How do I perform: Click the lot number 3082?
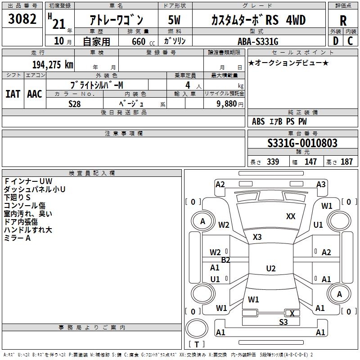[x=22, y=19]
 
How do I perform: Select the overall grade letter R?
[x=343, y=21]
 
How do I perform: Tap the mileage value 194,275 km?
[x=53, y=65]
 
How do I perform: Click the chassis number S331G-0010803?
[x=302, y=143]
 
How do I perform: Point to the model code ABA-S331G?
[x=258, y=41]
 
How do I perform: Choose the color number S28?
[x=75, y=104]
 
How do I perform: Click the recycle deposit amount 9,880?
[x=226, y=104]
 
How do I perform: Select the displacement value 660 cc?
[x=143, y=41]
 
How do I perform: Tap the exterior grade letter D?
[x=336, y=41]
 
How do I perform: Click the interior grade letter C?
[x=350, y=41]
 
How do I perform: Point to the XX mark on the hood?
[x=291, y=216]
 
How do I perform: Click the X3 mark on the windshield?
[x=257, y=237]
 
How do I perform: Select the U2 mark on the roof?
[x=271, y=268]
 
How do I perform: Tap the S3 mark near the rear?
[x=283, y=322]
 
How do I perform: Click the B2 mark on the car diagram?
[x=225, y=260]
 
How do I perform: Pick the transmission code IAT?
[x=13, y=94]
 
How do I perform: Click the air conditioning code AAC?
[x=35, y=94]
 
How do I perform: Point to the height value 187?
[x=346, y=162]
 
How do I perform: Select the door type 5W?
[x=174, y=20]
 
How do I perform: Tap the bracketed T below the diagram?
[x=197, y=344]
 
